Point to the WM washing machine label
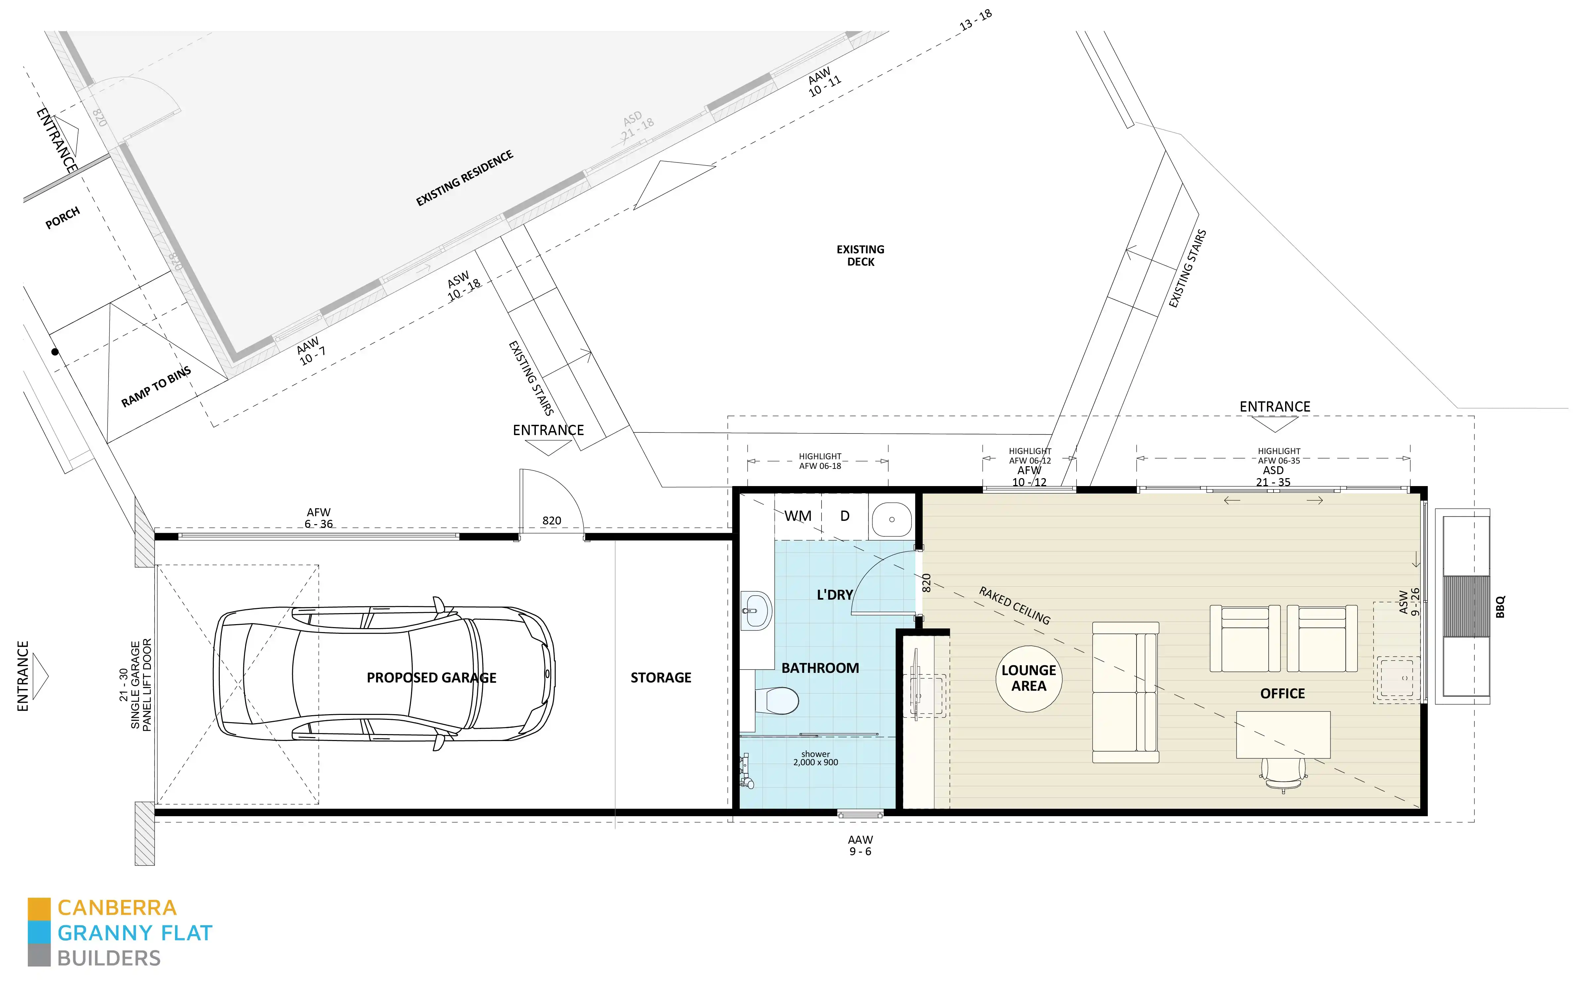798,516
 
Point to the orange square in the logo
39,909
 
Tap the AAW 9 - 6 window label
860,845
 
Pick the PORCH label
63,218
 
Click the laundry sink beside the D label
892,520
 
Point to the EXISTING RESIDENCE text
464,178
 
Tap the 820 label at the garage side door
551,521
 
